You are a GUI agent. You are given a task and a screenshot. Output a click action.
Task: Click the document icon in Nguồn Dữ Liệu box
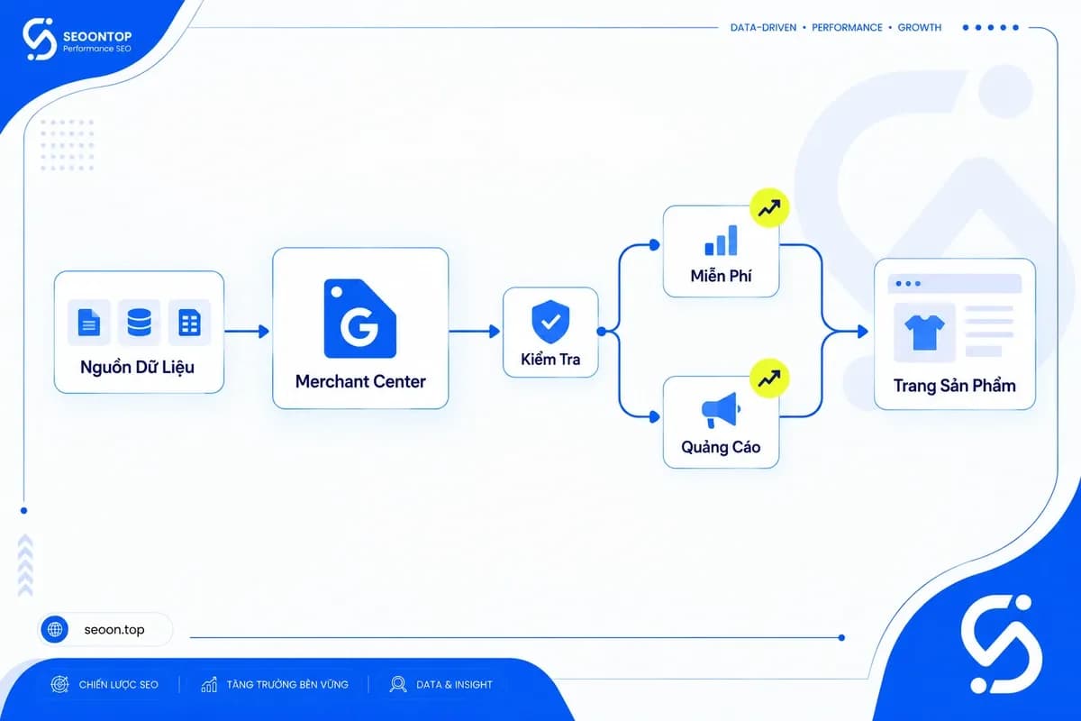89,322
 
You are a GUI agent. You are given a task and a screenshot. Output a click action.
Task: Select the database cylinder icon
139,322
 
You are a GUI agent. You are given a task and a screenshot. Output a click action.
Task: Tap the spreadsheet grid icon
189,322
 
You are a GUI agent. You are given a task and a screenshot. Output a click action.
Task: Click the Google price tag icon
360,319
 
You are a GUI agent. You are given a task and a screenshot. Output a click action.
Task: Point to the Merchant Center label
360,381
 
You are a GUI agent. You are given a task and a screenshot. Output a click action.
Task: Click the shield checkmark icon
550,321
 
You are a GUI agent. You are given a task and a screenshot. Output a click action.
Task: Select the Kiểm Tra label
550,360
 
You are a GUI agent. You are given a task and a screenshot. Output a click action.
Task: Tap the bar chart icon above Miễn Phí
721,240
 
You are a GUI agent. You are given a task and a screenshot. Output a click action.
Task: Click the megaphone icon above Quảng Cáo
721,409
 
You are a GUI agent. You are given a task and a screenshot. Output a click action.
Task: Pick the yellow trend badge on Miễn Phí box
769,208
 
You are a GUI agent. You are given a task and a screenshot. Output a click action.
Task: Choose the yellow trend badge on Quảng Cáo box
769,379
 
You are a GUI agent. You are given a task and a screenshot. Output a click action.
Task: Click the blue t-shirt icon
924,333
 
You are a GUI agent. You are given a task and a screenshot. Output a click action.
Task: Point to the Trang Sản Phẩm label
955,386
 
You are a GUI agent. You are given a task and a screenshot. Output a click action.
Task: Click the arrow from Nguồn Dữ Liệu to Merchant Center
247,332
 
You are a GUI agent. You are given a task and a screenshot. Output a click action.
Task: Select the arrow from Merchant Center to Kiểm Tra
475,332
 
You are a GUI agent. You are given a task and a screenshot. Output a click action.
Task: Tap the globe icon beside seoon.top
55,629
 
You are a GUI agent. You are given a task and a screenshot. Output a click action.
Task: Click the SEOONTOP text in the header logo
97,36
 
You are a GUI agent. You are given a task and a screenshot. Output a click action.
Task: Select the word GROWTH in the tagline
920,28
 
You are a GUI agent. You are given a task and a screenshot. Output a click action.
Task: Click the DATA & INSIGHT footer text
454,684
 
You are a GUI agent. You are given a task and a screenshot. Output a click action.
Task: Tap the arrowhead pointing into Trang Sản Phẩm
862,332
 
